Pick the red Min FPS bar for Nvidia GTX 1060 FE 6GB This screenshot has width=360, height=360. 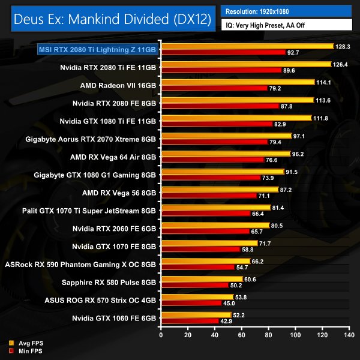(x=190, y=321)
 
